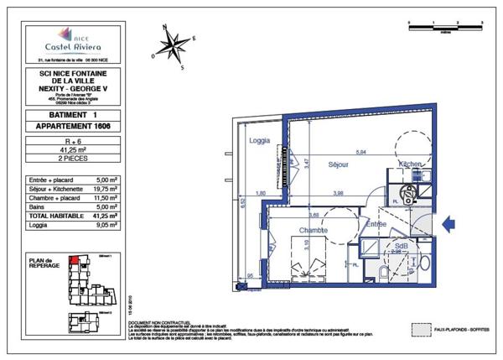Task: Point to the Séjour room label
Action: pos(338,164)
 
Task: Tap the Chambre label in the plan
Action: pos(309,231)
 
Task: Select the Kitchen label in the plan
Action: pos(410,164)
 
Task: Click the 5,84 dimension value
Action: pos(362,152)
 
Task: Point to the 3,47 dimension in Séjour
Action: pos(307,166)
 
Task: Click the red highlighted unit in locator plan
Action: pos(73,260)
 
